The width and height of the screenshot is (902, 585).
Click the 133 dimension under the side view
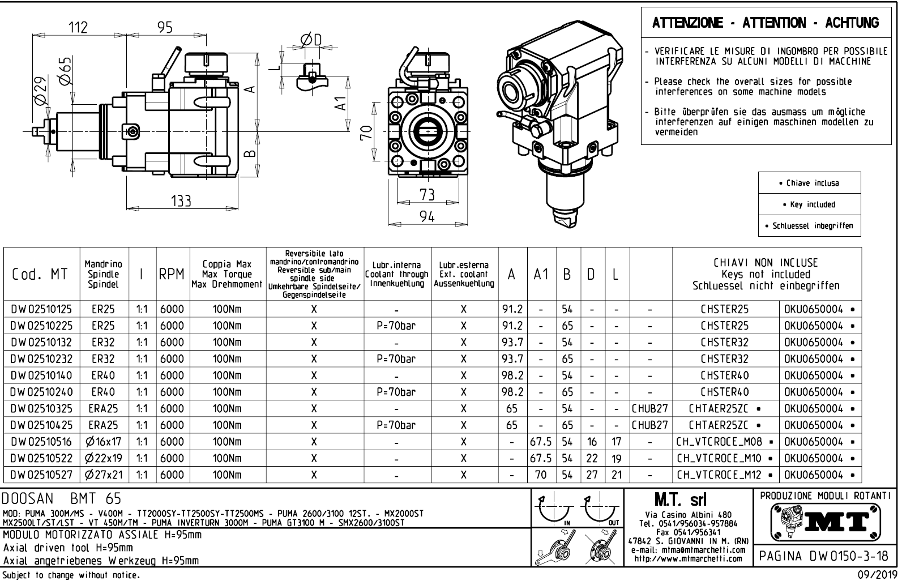(x=181, y=200)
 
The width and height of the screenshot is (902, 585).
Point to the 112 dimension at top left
(x=78, y=27)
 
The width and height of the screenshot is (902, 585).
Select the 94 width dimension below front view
(x=427, y=216)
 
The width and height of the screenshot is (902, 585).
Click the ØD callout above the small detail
(x=311, y=40)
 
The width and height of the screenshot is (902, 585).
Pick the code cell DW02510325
(x=41, y=409)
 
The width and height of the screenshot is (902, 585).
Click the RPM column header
(x=172, y=274)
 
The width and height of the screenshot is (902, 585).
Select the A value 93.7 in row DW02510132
(x=512, y=342)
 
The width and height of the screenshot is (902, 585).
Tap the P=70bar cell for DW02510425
(x=396, y=425)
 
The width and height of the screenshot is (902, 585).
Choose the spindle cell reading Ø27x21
(x=104, y=475)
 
